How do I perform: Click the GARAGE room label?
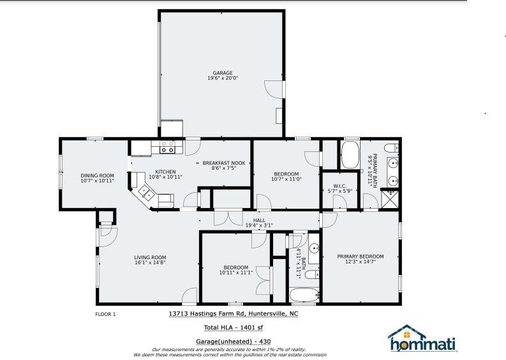(x=222, y=73)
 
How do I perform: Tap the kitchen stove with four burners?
(x=167, y=147)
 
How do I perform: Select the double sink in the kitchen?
(x=144, y=190)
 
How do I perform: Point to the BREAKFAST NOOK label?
(x=224, y=163)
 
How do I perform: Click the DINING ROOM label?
(x=97, y=176)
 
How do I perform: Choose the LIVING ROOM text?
(x=150, y=257)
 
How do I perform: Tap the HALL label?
(x=258, y=220)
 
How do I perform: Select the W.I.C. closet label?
(x=339, y=186)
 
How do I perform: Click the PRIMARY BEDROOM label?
(x=361, y=257)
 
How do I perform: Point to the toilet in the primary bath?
(x=392, y=149)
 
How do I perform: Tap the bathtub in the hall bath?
(x=304, y=296)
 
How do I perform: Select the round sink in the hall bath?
(x=313, y=249)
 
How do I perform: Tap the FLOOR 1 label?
(x=105, y=314)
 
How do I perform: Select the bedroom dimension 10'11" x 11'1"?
(x=235, y=273)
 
